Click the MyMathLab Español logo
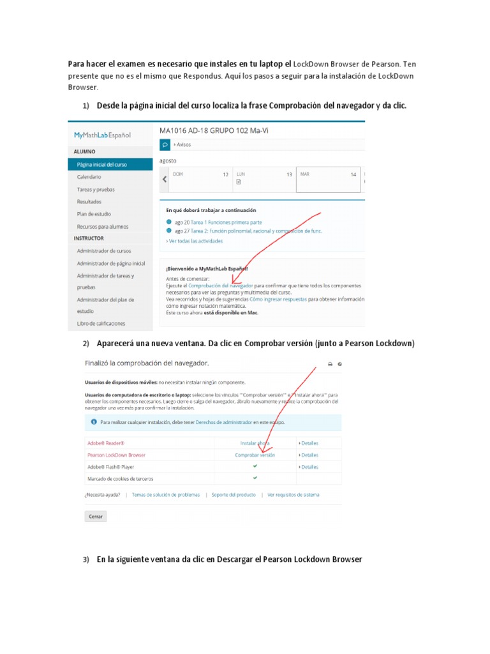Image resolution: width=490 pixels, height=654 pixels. click(x=102, y=135)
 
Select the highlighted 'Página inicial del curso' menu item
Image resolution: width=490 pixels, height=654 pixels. click(x=101, y=164)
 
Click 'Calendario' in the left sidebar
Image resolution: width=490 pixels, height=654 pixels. click(x=89, y=177)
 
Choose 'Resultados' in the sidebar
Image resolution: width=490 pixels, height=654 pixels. click(x=89, y=202)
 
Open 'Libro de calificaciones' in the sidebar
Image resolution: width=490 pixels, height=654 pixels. click(x=101, y=324)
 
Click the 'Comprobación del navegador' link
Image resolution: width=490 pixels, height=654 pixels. click(x=221, y=285)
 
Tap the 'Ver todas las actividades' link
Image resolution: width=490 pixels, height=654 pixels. click(x=195, y=241)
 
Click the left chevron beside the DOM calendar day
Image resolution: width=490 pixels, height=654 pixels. click(x=165, y=180)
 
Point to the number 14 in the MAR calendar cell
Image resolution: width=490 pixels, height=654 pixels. click(x=353, y=174)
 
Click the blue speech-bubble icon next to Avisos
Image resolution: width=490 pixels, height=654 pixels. click(x=165, y=145)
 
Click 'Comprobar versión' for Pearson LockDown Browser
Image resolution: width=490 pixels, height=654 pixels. click(x=255, y=455)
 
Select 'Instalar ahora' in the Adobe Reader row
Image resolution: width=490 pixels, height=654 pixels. click(x=255, y=443)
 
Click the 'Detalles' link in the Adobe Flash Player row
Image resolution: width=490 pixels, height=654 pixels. click(x=309, y=467)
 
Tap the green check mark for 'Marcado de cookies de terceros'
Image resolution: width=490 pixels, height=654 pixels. click(x=255, y=478)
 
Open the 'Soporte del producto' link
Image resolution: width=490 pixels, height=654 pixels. click(x=234, y=495)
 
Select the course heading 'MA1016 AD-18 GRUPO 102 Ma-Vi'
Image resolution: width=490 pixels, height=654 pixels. click(x=215, y=130)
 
